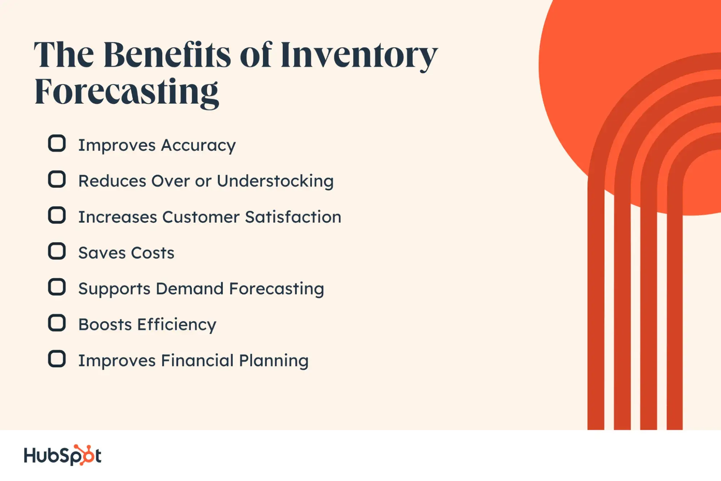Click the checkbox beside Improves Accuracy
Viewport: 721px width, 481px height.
click(57, 143)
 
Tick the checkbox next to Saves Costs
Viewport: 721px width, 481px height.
click(57, 251)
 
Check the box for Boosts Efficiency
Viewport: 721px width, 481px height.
click(57, 323)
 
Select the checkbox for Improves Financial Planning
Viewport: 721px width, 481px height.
click(57, 359)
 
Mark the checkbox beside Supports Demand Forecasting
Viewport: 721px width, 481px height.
click(57, 287)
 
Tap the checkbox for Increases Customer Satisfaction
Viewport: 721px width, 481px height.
click(57, 215)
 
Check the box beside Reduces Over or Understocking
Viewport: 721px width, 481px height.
click(57, 179)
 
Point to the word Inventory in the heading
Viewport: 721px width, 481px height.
click(359, 56)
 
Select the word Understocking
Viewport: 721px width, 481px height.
click(275, 181)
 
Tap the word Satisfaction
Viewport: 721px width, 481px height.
click(293, 217)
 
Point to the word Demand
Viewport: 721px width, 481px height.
click(190, 289)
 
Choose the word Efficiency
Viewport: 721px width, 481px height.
click(177, 325)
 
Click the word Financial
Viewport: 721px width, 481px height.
click(197, 360)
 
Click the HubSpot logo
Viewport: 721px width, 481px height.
click(62, 455)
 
